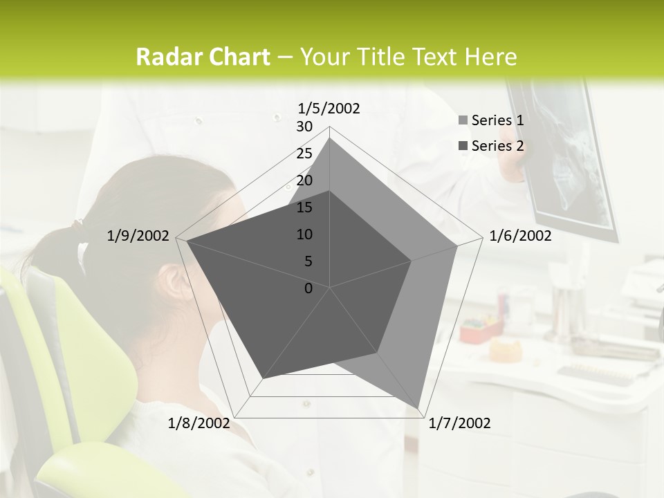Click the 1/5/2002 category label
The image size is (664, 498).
(329, 109)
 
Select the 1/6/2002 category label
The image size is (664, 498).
(520, 236)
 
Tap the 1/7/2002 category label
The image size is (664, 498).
(459, 423)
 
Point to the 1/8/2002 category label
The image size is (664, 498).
(199, 423)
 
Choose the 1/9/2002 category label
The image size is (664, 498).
(138, 236)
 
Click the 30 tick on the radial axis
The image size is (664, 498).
(304, 127)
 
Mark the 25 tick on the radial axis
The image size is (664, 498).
(304, 154)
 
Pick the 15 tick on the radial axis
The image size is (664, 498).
(304, 207)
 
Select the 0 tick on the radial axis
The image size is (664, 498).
(308, 288)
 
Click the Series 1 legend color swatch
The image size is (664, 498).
(463, 120)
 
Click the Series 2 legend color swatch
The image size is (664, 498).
(463, 146)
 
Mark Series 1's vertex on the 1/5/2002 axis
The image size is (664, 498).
(330, 138)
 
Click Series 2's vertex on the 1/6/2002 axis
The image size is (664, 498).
(412, 261)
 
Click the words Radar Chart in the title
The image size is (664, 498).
(202, 57)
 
